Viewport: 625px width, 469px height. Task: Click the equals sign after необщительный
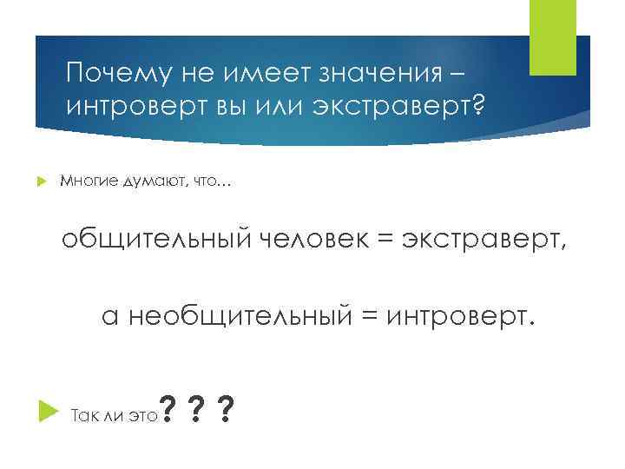click(366, 318)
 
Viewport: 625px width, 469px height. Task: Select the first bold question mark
click(169, 407)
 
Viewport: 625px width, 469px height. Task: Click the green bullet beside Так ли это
click(47, 413)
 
